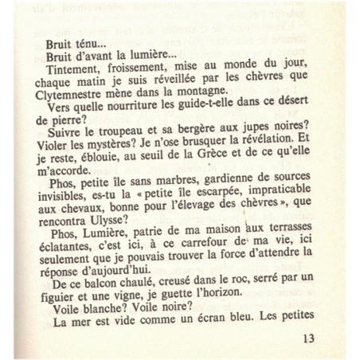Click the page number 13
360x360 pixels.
(310, 338)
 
